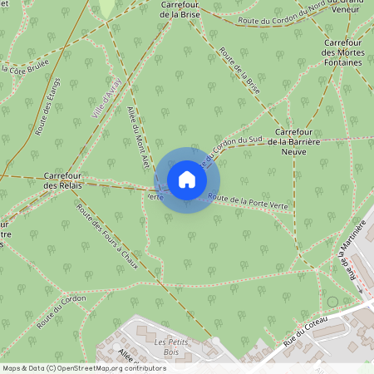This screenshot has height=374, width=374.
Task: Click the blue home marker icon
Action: tap(187, 180)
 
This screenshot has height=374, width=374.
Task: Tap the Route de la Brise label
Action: tap(240, 71)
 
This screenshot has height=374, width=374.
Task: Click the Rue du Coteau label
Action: tap(307, 329)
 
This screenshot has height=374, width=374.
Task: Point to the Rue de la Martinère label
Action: tap(355, 249)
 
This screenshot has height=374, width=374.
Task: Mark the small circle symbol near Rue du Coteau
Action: tap(333, 301)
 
